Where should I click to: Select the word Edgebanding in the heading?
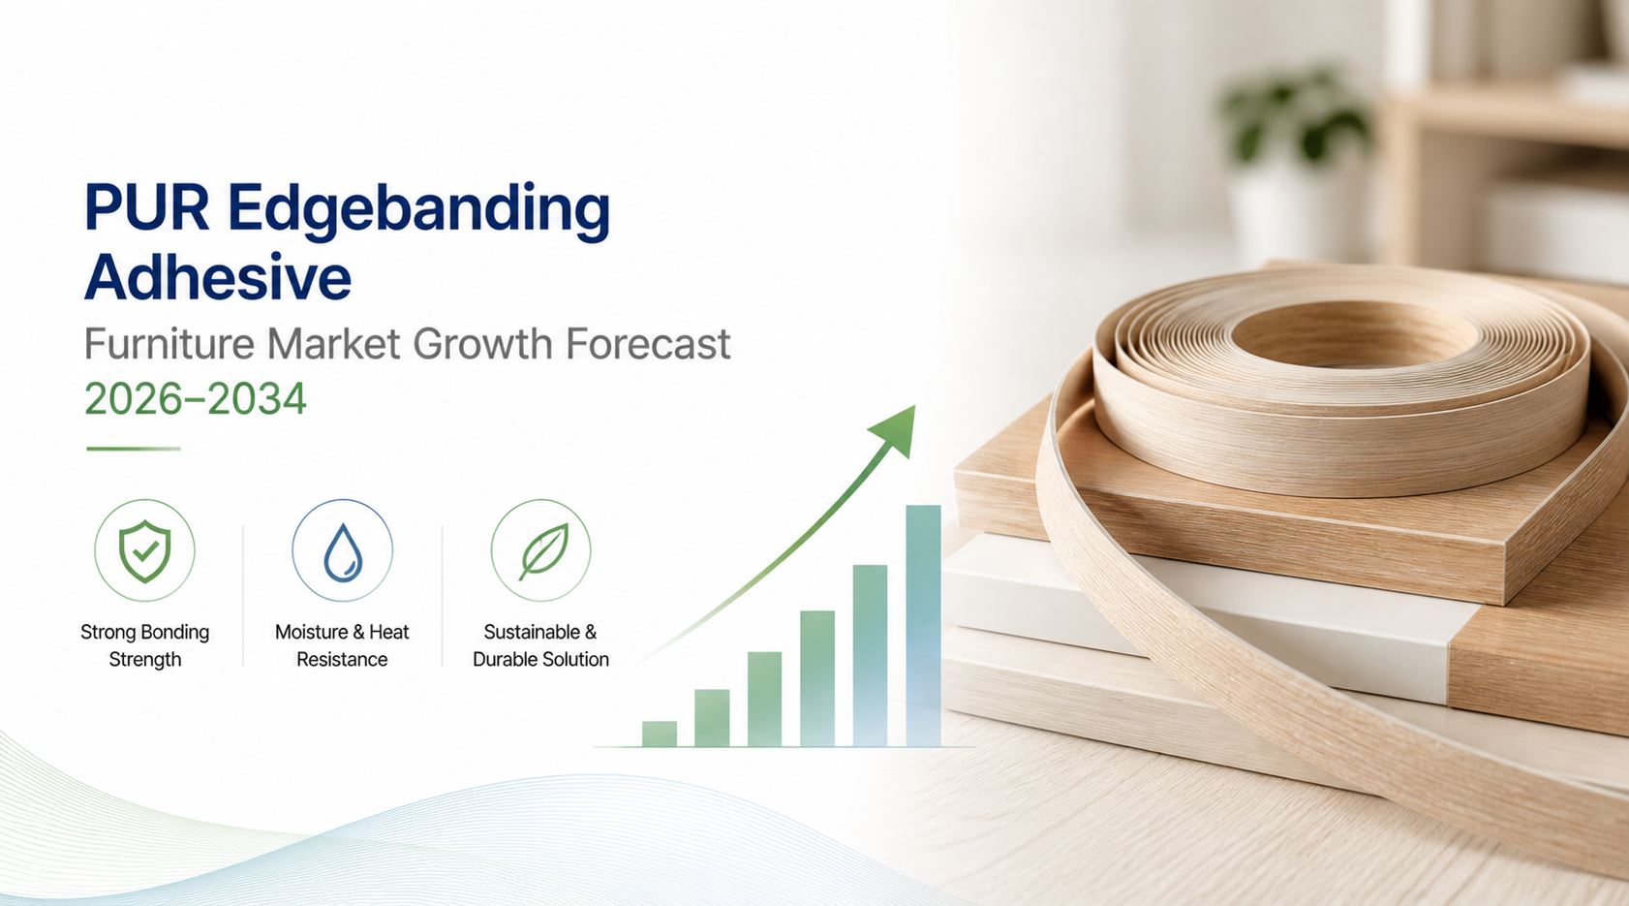coord(419,212)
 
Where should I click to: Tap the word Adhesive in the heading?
coord(218,277)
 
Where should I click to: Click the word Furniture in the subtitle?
coord(169,343)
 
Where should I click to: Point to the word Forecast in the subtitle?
coord(648,343)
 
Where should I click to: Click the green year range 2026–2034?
coord(195,399)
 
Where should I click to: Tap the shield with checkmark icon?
coord(144,551)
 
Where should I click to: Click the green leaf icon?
coord(543,551)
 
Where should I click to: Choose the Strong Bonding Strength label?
coord(144,645)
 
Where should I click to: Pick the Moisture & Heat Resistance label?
coord(342,645)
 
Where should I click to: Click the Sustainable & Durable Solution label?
coord(540,645)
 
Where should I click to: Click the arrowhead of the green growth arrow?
coord(895,429)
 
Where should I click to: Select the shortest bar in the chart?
coord(659,734)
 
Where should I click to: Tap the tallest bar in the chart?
coord(923,626)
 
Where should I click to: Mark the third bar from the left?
coord(764,700)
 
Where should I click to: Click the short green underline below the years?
coord(133,449)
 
